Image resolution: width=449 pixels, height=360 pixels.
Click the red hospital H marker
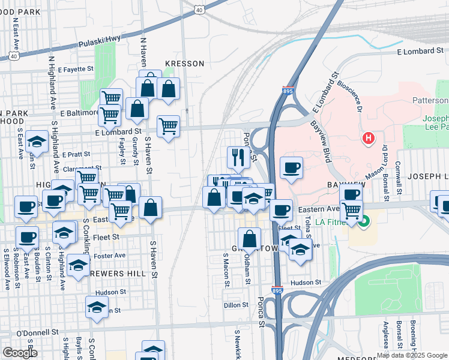368,139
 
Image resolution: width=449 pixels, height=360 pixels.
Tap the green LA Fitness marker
363,223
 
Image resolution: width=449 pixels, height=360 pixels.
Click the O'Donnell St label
37,332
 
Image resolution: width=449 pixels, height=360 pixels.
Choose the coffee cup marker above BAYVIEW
291,167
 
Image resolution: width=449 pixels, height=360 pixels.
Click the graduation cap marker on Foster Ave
77,265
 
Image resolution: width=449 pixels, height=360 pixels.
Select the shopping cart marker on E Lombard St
169,126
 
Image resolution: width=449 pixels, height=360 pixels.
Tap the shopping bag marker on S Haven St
150,208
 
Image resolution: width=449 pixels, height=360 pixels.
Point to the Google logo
20,353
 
